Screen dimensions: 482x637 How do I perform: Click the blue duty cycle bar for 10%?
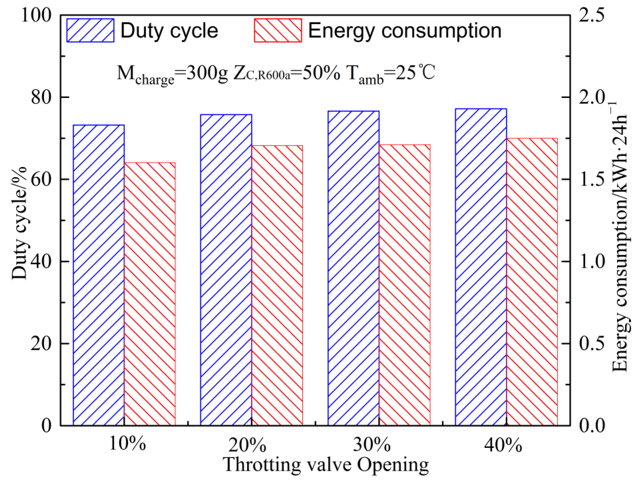[x=99, y=275]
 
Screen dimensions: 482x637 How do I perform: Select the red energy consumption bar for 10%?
[x=150, y=293]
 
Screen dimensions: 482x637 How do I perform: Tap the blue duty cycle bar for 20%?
[x=226, y=270]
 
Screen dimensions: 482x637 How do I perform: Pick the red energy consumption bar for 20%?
[x=277, y=285]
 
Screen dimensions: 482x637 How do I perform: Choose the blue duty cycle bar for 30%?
[x=353, y=268]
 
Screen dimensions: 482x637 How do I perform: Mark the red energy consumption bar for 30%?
[x=405, y=285]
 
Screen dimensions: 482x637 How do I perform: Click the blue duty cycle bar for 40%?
[x=481, y=267]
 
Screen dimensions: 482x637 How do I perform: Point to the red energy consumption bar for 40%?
[x=532, y=281]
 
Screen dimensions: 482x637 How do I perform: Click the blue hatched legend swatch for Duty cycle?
[x=90, y=30]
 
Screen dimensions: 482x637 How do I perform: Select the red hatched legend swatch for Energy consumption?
[x=278, y=30]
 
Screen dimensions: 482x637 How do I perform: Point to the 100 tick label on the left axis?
[x=36, y=15]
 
